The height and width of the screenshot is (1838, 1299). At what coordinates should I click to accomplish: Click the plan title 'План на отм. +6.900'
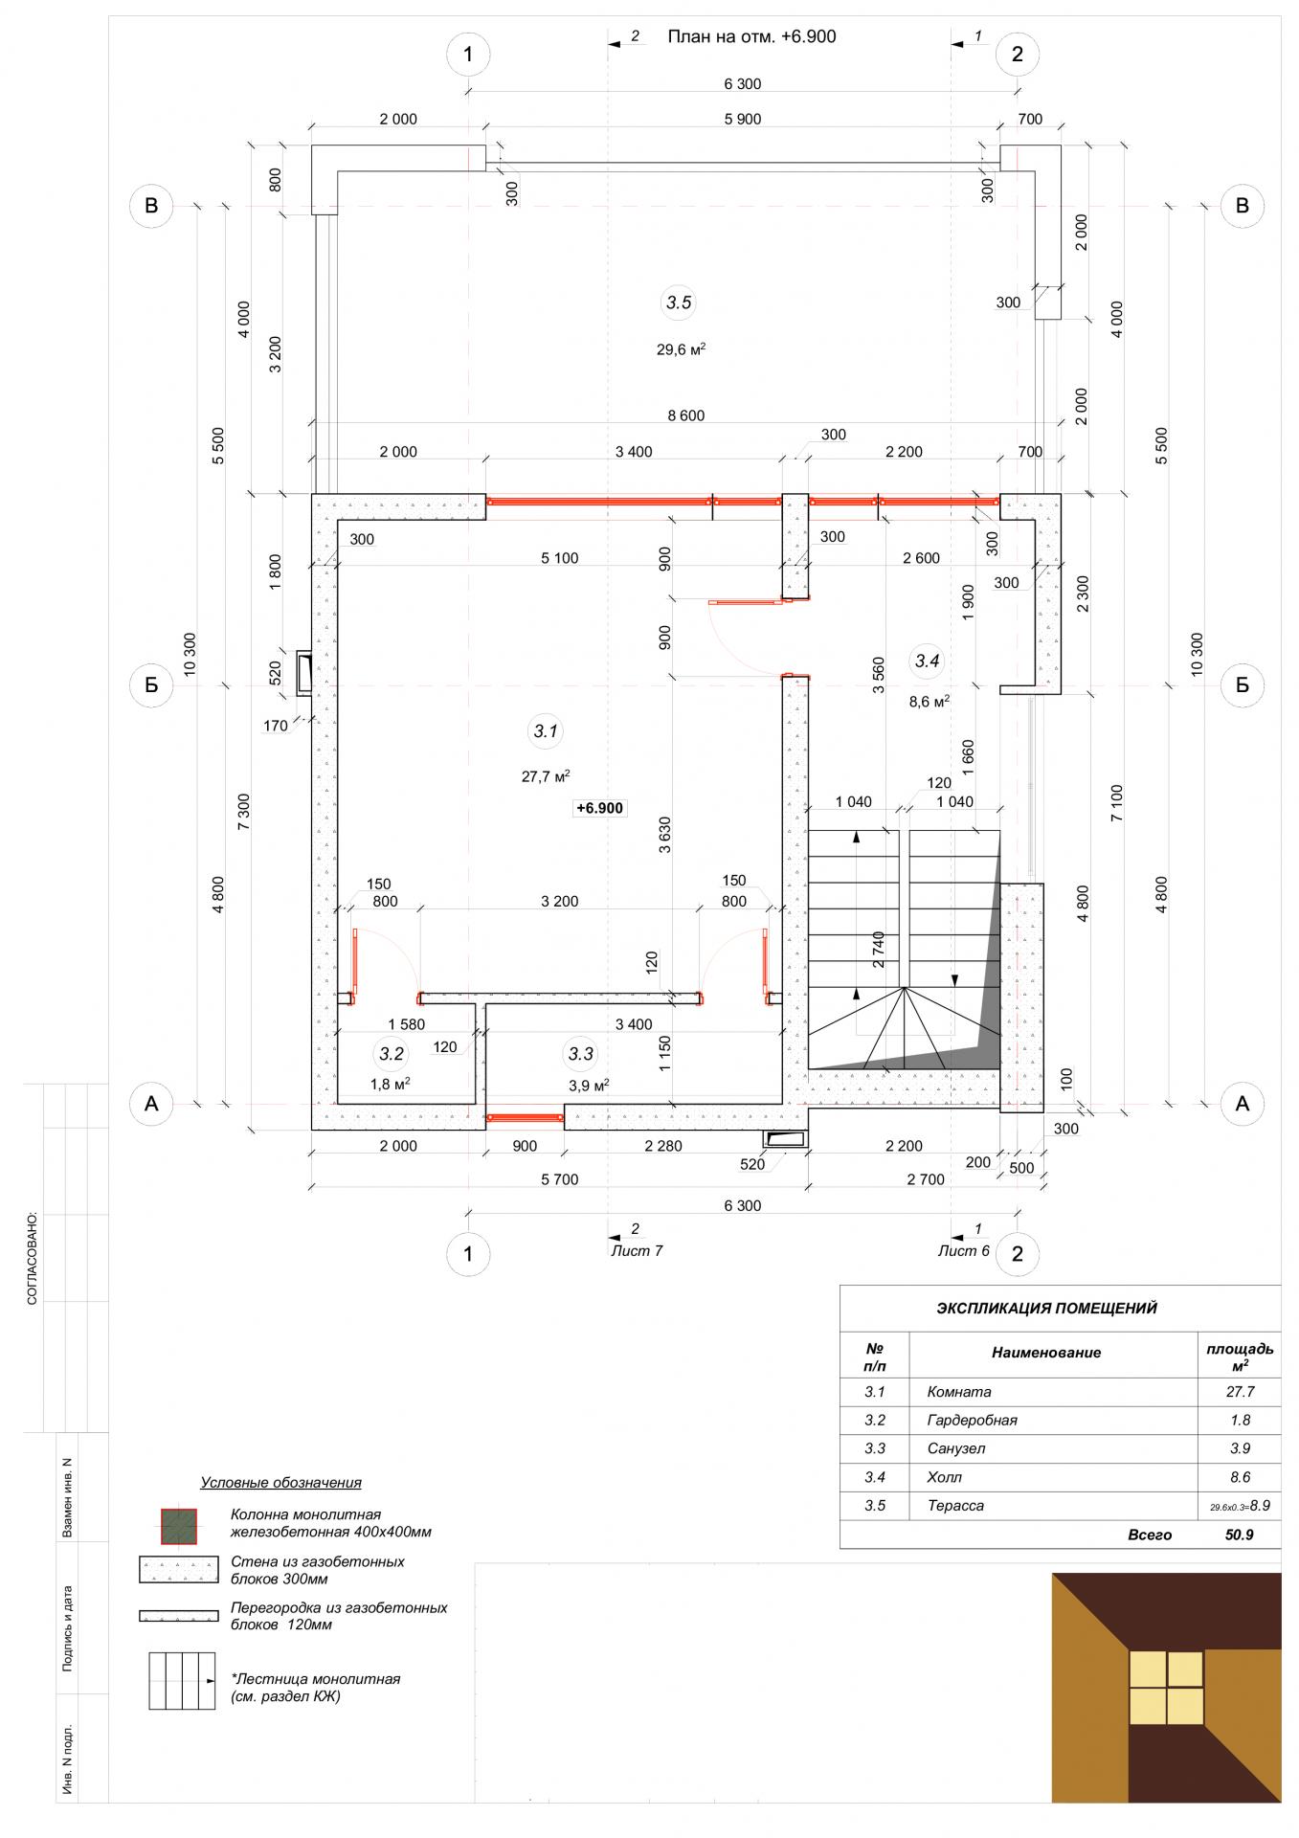(751, 36)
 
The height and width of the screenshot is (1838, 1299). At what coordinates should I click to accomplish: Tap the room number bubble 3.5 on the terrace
(678, 303)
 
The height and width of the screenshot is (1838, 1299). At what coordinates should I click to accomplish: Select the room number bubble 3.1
(546, 731)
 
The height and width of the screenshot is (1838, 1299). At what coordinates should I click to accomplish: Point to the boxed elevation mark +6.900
(599, 808)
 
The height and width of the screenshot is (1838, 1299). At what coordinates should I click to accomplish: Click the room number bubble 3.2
(392, 1054)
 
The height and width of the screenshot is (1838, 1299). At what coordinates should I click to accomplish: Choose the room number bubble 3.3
(581, 1054)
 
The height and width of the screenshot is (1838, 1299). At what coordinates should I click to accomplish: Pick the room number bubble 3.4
(928, 661)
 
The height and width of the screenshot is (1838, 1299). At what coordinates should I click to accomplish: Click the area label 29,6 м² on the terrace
(681, 349)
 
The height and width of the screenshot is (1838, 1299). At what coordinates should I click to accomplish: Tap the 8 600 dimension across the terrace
(685, 415)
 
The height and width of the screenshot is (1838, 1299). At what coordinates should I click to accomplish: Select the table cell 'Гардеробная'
(972, 1420)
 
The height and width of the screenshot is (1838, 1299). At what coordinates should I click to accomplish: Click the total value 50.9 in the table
(1240, 1535)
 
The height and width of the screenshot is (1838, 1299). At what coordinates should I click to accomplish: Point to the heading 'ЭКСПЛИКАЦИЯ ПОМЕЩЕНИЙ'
(1046, 1308)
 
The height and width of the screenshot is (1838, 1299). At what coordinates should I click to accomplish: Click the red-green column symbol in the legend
(178, 1527)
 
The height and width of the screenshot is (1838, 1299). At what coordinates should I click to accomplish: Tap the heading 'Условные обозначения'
(280, 1483)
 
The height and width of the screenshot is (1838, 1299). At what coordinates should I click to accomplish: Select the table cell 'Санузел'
(956, 1448)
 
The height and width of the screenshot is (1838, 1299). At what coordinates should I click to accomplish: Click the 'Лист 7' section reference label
(637, 1250)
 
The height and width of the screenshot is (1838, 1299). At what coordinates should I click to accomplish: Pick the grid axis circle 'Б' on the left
(151, 685)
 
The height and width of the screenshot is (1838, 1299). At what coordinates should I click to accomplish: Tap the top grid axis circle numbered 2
(1017, 54)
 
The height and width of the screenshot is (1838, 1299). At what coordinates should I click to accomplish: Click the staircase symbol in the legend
(180, 1680)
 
